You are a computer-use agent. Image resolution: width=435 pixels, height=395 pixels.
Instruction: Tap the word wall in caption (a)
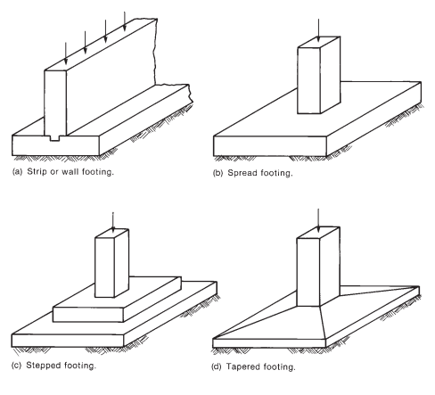click(x=70, y=171)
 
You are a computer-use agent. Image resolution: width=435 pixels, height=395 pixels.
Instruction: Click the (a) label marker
click(x=17, y=172)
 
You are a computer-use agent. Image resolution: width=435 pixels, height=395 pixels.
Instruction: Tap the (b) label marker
click(x=217, y=173)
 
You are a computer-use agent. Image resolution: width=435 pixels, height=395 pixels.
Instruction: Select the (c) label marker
click(x=16, y=366)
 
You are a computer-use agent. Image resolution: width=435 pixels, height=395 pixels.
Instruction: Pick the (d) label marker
click(x=217, y=367)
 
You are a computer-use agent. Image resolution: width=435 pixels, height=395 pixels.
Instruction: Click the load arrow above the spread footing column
click(x=318, y=30)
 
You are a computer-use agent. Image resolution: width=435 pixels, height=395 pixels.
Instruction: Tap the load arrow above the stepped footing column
click(x=112, y=222)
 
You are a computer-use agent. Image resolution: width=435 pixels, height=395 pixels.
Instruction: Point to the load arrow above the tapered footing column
click(x=318, y=220)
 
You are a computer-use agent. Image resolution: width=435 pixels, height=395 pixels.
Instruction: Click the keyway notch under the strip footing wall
click(x=54, y=138)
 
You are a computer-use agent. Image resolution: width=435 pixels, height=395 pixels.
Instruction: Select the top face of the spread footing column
click(x=319, y=42)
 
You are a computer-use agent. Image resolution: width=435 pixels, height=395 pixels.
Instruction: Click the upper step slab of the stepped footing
click(x=118, y=299)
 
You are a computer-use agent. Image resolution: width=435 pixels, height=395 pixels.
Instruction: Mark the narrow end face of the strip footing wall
click(x=55, y=103)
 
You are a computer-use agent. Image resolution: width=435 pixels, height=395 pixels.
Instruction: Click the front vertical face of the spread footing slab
click(x=270, y=146)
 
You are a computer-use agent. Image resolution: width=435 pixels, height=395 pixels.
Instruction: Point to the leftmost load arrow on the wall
click(x=66, y=53)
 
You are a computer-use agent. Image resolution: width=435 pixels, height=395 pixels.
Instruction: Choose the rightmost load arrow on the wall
click(x=125, y=21)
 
